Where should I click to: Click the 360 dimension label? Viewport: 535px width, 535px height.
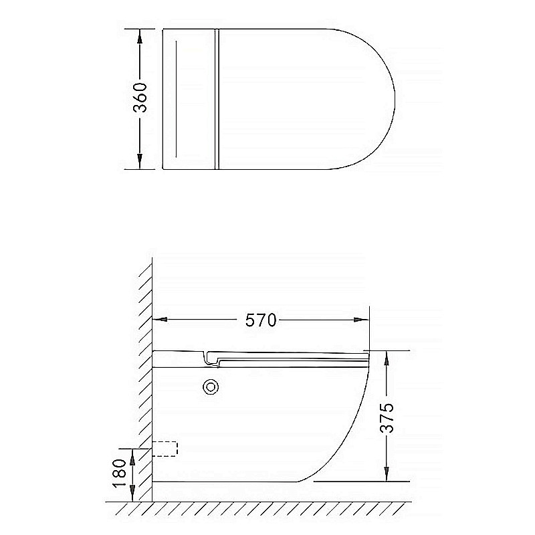[140, 98]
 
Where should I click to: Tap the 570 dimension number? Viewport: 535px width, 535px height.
[261, 320]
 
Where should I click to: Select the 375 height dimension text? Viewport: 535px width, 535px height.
[387, 418]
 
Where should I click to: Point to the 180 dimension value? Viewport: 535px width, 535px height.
[120, 473]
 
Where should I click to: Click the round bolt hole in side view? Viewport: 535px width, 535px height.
[211, 387]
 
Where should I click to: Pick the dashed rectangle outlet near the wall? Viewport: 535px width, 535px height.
[165, 449]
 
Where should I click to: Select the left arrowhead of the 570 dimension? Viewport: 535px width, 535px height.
[160, 320]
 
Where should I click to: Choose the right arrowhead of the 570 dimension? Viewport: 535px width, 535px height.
[361, 320]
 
